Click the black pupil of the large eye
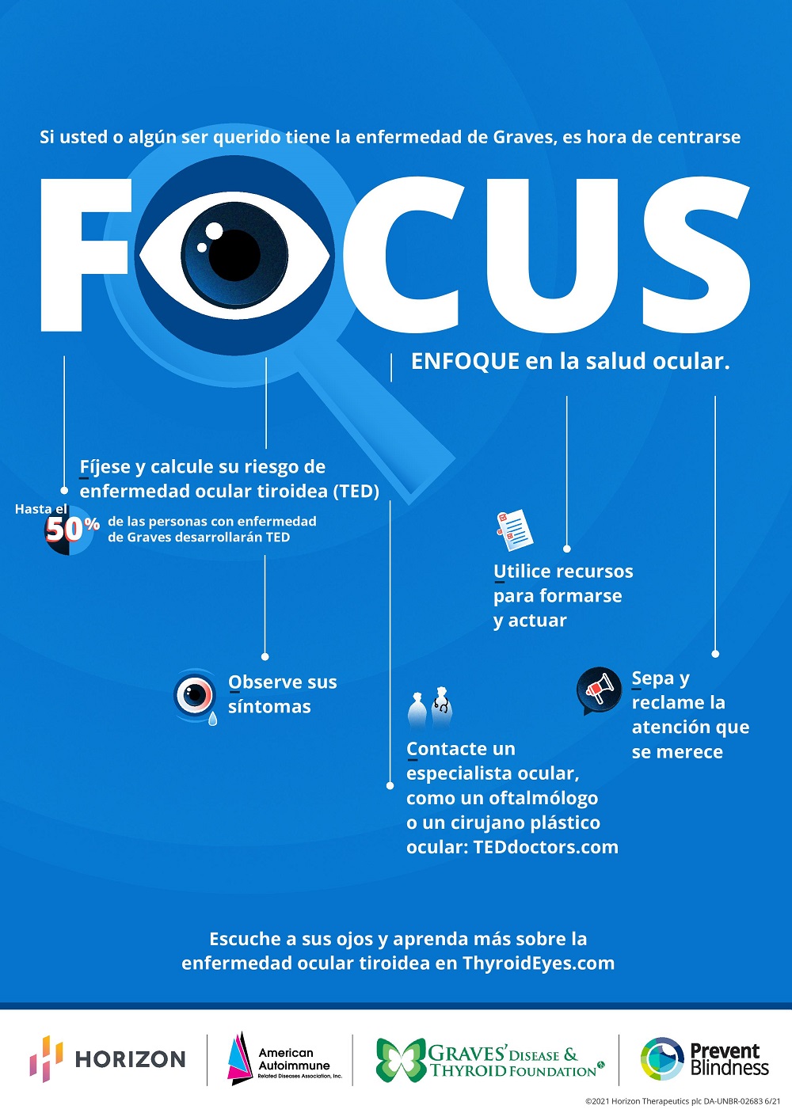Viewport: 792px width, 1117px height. (234, 256)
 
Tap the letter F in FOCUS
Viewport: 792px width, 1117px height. (86, 255)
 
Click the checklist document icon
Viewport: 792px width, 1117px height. (514, 530)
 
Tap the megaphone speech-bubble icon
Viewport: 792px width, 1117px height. (599, 690)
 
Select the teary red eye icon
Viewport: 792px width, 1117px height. (195, 696)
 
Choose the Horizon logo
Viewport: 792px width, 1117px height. (107, 1058)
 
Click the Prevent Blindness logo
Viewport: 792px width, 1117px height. (704, 1058)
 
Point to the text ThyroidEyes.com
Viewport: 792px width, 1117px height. (538, 963)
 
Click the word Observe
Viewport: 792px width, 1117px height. (265, 682)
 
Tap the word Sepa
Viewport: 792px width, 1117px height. (653, 678)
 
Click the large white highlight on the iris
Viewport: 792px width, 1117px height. (215, 230)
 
